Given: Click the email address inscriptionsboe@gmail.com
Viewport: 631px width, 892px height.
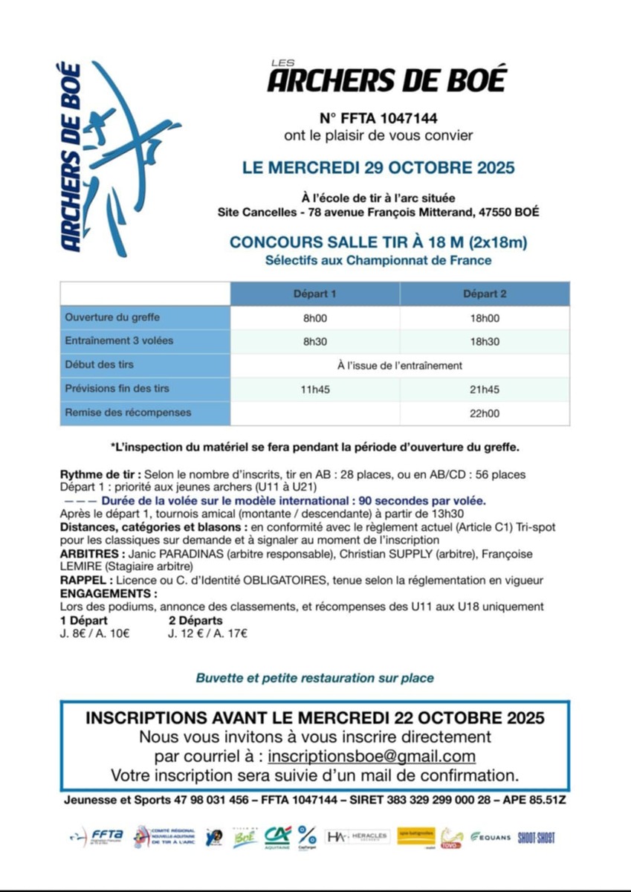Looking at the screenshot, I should click(372, 757).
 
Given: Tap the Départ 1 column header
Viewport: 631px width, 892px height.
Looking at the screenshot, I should click(314, 294).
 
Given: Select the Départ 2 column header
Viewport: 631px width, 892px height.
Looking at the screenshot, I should click(485, 294).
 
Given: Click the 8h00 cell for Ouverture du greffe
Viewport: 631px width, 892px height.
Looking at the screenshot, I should click(314, 317).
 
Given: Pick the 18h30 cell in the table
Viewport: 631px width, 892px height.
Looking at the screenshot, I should click(485, 341).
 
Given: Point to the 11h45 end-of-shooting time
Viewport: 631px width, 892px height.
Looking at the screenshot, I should click(314, 389).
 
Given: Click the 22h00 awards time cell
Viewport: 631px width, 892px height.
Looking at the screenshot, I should click(485, 413).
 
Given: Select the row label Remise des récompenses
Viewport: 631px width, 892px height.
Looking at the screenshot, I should click(128, 413).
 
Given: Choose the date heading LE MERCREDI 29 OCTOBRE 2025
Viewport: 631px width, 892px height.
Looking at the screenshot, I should click(378, 168).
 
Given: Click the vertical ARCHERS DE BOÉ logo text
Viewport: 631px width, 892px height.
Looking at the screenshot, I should click(71, 158).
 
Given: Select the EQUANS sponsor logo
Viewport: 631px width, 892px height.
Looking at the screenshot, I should click(491, 837).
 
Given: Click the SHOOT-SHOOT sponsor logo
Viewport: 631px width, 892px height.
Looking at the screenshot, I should click(537, 837).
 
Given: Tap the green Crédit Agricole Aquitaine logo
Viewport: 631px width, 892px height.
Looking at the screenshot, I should click(277, 837).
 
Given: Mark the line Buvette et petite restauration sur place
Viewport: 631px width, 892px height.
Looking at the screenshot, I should click(315, 678).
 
